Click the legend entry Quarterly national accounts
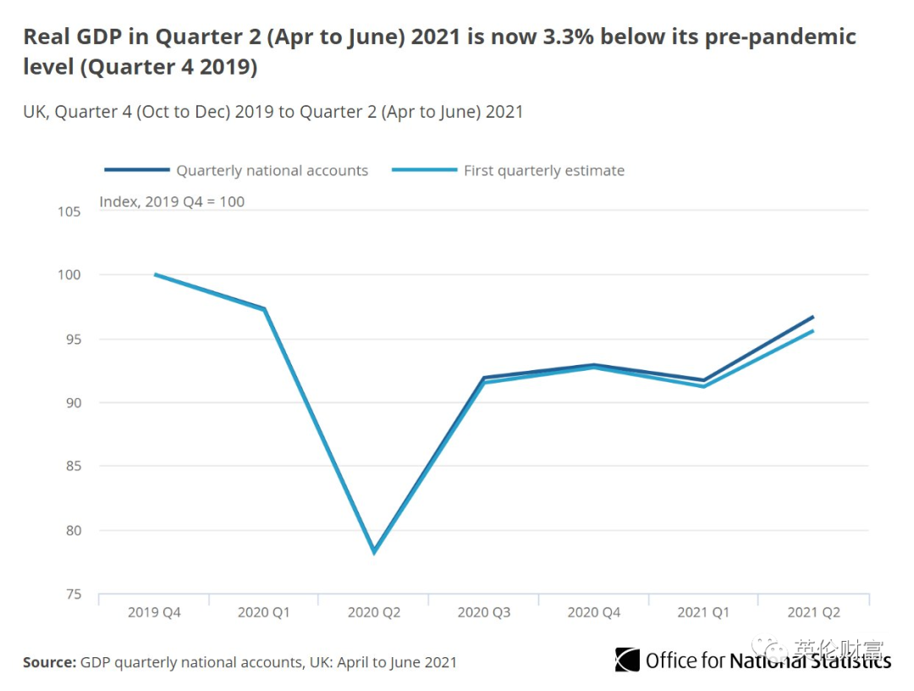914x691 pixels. click(x=272, y=170)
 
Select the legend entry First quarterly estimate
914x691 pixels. click(x=543, y=170)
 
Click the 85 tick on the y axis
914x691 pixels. click(x=70, y=466)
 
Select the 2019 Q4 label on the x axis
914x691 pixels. click(x=154, y=612)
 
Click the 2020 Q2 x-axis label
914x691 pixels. click(x=374, y=612)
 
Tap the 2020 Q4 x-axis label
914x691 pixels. click(x=594, y=612)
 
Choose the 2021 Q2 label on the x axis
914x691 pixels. click(x=814, y=612)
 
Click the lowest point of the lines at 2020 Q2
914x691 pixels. click(x=374, y=552)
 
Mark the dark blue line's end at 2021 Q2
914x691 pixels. click(x=813, y=317)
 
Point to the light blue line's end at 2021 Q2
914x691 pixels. click(x=813, y=330)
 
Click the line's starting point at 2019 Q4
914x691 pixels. click(x=155, y=274)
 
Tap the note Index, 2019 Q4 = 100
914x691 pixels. click(x=172, y=202)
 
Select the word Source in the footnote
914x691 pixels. click(x=48, y=662)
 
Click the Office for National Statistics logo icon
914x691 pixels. click(x=627, y=660)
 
